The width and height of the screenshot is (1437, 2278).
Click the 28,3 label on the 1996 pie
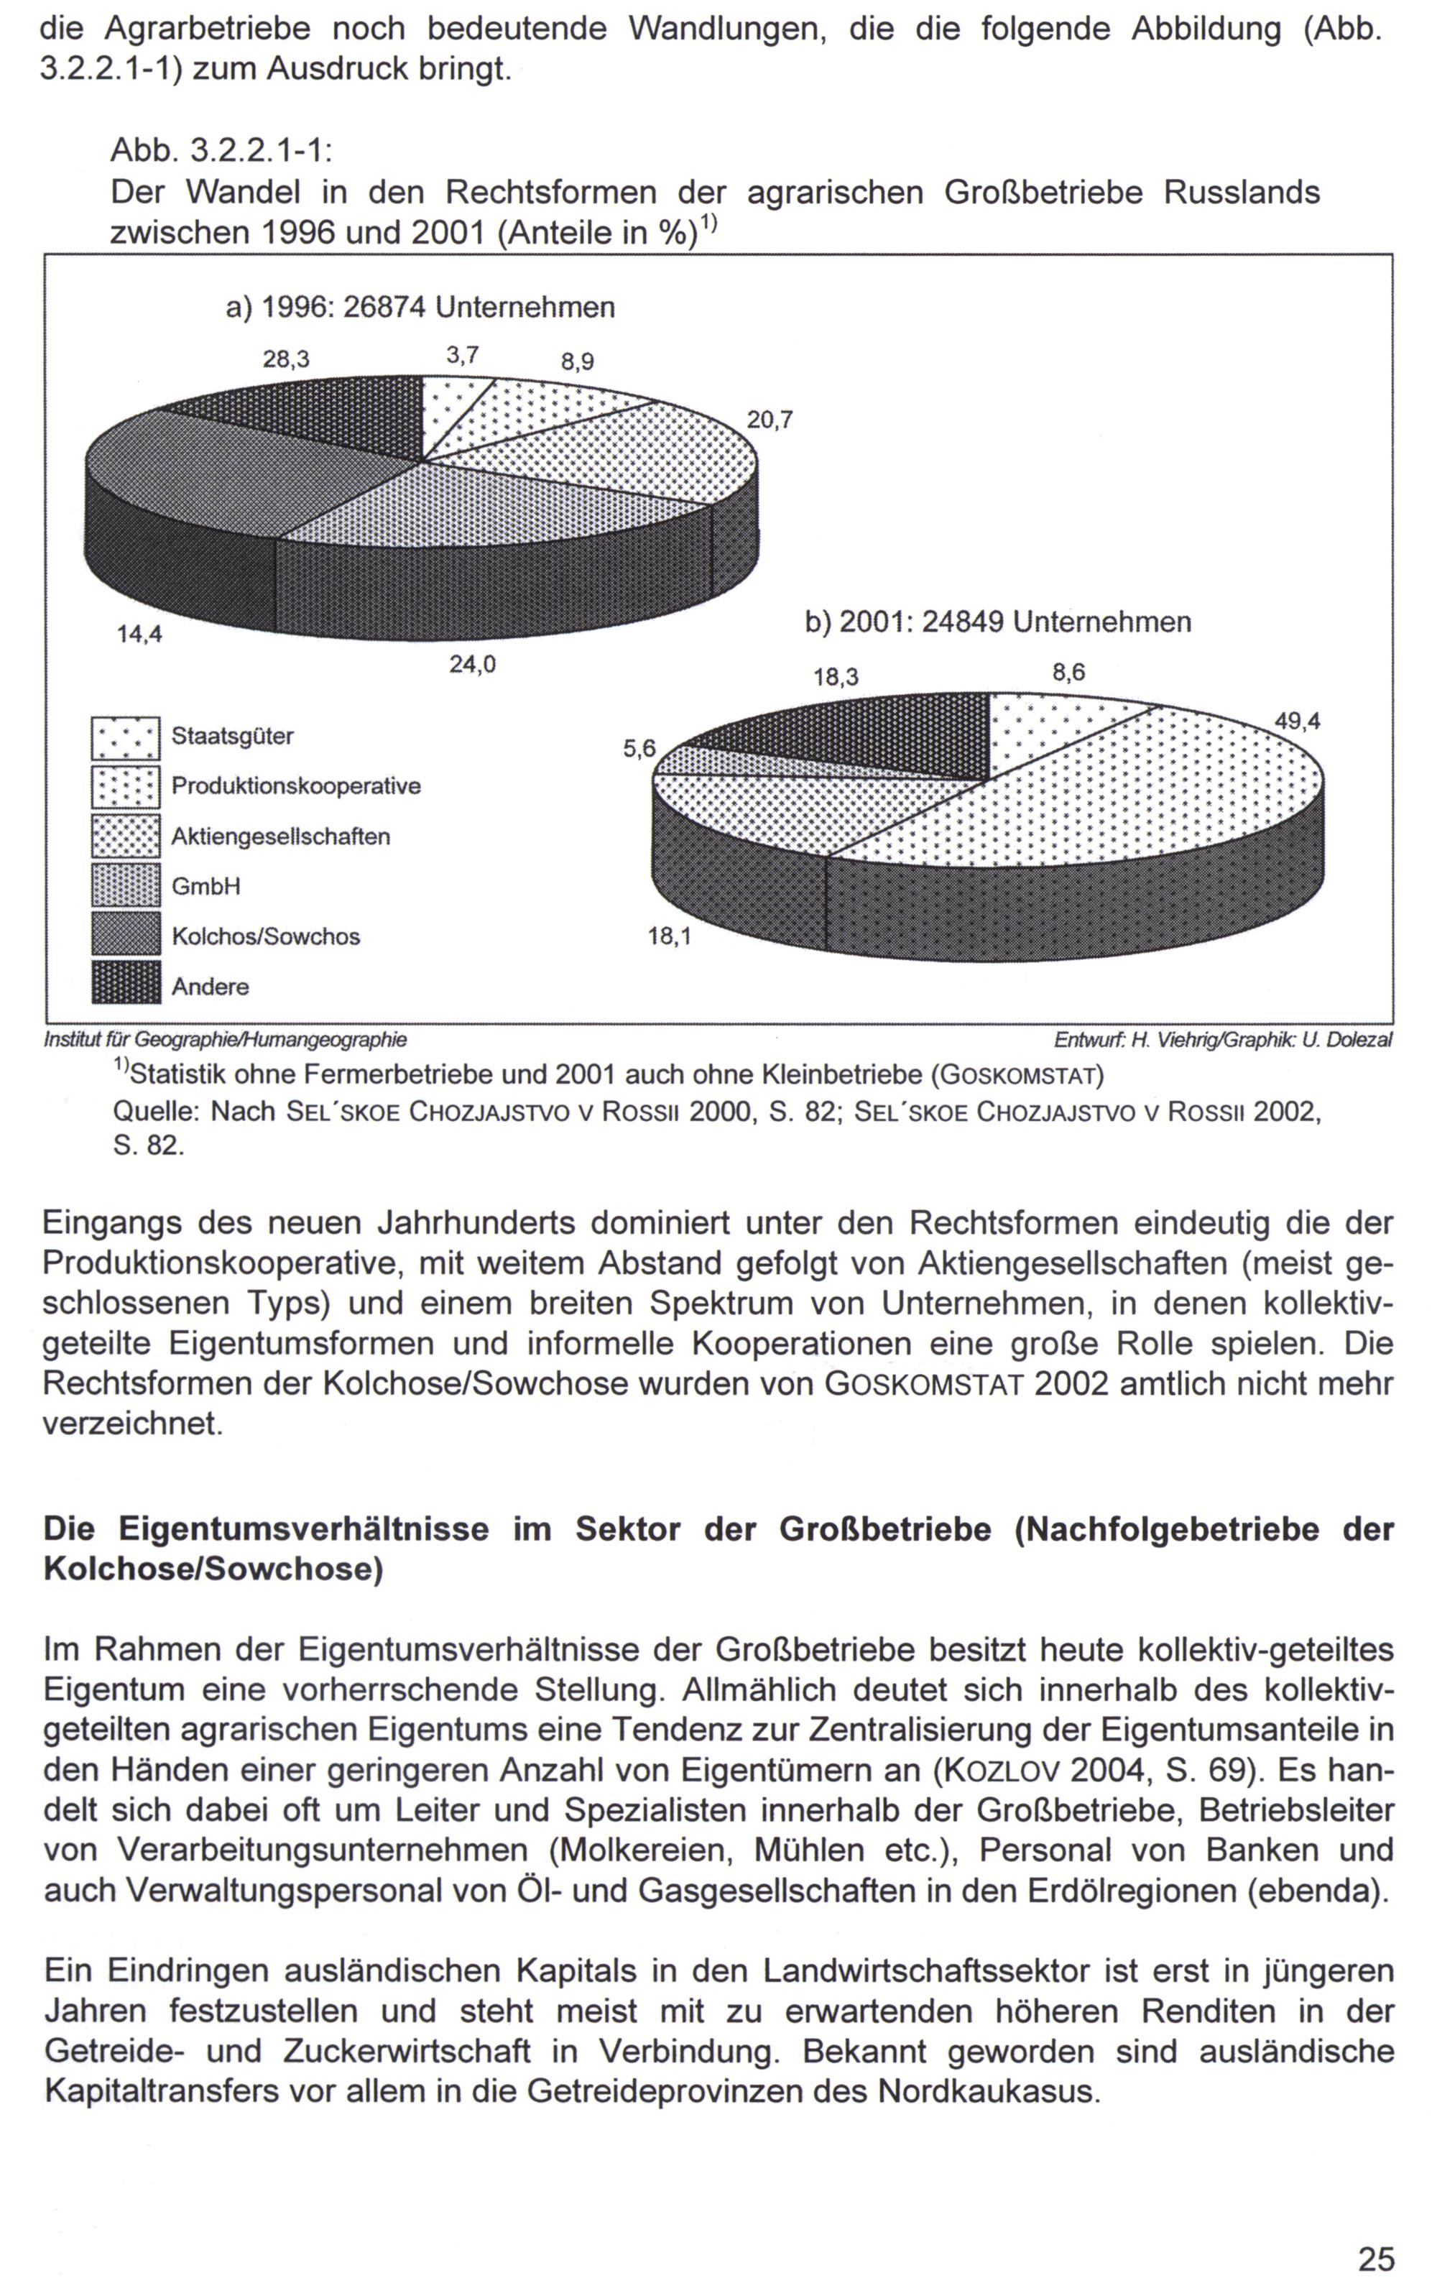pyautogui.click(x=286, y=359)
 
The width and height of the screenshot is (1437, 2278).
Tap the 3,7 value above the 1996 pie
pyautogui.click(x=463, y=355)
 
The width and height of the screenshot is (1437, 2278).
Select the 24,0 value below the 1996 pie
pyautogui.click(x=472, y=665)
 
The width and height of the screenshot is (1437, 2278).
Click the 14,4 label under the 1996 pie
pyautogui.click(x=139, y=635)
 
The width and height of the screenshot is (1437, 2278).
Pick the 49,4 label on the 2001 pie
pyautogui.click(x=1297, y=721)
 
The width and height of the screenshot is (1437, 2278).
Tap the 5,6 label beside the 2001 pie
pyautogui.click(x=639, y=750)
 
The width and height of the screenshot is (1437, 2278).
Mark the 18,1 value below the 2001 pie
pyautogui.click(x=669, y=936)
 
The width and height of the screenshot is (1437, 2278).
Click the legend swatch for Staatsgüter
pyautogui.click(x=126, y=738)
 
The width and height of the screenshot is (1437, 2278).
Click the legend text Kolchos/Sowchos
pyautogui.click(x=266, y=936)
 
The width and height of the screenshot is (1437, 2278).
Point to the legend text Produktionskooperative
pyautogui.click(x=296, y=786)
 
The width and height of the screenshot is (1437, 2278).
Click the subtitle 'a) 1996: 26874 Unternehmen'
pyautogui.click(x=420, y=307)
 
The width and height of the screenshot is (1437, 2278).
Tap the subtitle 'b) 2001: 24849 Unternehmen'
pyautogui.click(x=998, y=622)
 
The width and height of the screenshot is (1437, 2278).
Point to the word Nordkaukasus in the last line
pyautogui.click(x=989, y=2090)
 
